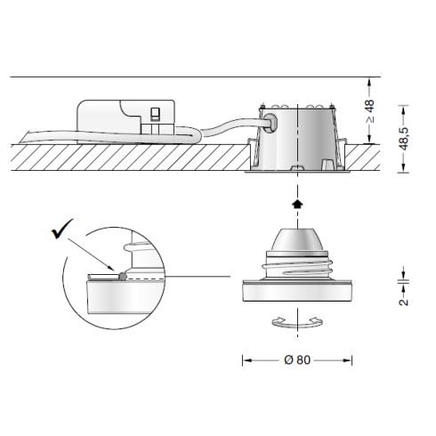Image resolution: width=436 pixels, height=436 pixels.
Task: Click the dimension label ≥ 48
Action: (370, 111)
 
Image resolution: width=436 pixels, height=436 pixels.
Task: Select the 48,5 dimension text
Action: (404, 138)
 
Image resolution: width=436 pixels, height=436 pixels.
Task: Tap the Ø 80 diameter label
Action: (297, 359)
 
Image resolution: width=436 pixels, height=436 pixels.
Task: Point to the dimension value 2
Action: (404, 303)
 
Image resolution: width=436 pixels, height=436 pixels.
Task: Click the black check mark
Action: (61, 229)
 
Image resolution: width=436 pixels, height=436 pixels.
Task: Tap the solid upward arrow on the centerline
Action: (297, 204)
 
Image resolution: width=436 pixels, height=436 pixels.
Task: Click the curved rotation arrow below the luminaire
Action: (297, 322)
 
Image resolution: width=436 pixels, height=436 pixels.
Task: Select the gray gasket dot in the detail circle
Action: (123, 277)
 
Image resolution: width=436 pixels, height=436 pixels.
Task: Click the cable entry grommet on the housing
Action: (270, 123)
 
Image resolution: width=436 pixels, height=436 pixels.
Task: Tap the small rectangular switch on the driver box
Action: (155, 115)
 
